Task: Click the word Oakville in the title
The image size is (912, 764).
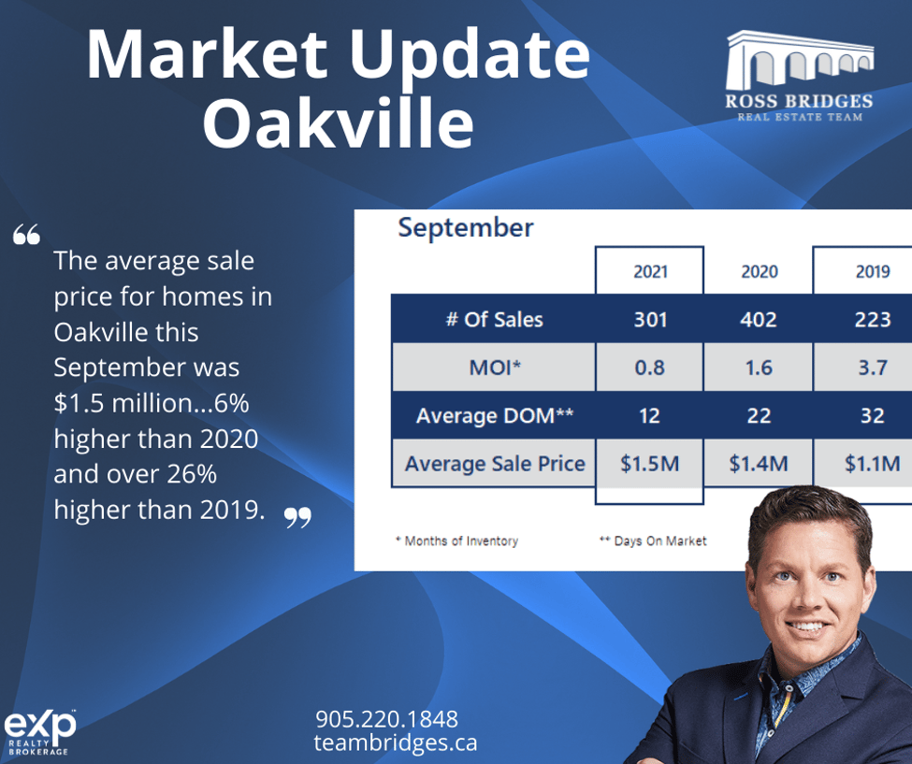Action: (x=338, y=123)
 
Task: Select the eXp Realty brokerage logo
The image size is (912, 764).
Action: (x=39, y=732)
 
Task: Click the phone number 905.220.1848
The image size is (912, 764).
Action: (x=387, y=719)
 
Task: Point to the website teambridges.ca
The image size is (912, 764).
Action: (x=396, y=742)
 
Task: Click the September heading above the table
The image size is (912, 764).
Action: (x=465, y=227)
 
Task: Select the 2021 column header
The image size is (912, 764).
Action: (x=650, y=271)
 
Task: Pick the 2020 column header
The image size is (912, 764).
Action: (x=759, y=271)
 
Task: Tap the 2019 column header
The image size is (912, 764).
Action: (x=873, y=271)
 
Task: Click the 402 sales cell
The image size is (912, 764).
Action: (x=759, y=319)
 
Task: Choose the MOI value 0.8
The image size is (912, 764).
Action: (x=650, y=368)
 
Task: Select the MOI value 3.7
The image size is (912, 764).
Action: (x=873, y=368)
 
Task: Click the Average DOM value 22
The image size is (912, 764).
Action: (x=759, y=415)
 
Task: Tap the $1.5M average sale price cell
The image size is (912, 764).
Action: (x=650, y=464)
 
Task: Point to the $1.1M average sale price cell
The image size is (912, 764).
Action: (x=873, y=464)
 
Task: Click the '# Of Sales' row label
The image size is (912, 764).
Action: (x=495, y=319)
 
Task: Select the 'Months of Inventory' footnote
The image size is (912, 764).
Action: (x=457, y=541)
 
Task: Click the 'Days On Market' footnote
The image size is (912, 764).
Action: (x=653, y=541)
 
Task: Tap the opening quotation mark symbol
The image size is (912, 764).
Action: (x=27, y=235)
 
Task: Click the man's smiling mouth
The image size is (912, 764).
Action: (x=806, y=627)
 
